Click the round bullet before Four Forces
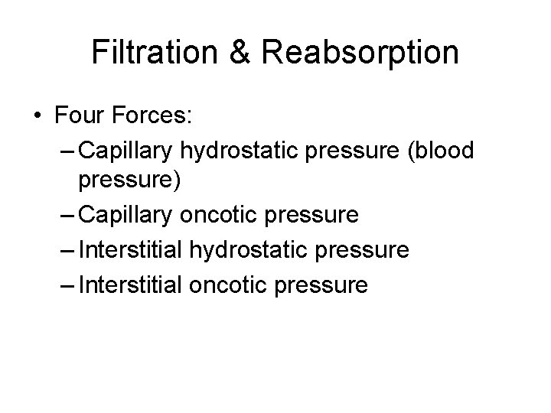tap(37, 118)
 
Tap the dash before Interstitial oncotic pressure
tap(67, 286)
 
